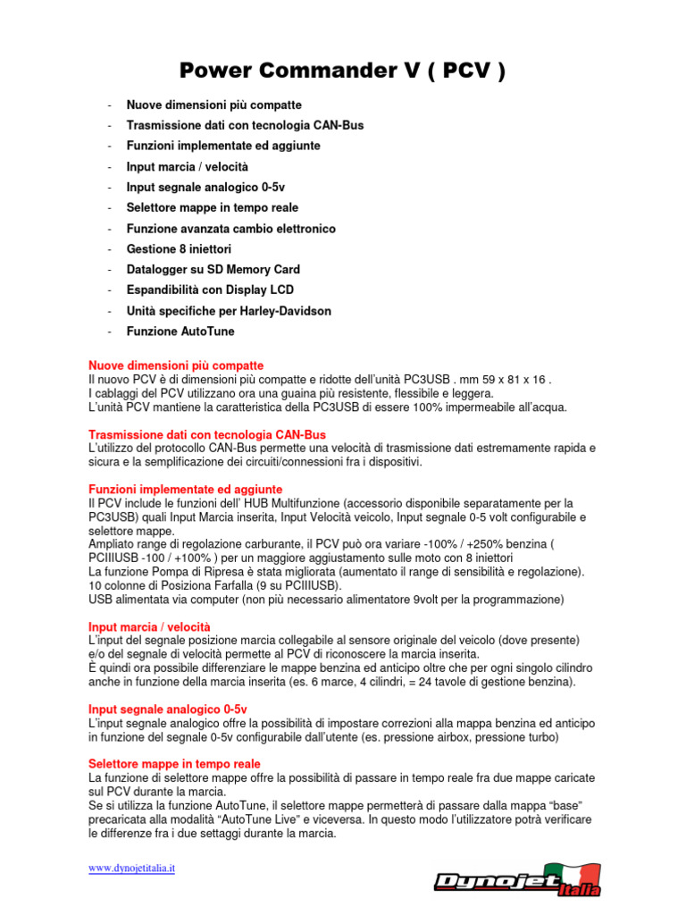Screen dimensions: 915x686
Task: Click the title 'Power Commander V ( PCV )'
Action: click(x=343, y=71)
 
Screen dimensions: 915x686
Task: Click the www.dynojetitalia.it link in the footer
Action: click(x=131, y=868)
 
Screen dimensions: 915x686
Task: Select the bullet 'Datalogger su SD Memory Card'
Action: click(x=213, y=269)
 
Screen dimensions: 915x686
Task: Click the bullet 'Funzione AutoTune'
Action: click(x=180, y=332)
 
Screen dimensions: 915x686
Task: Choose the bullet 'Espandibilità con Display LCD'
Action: click(x=210, y=290)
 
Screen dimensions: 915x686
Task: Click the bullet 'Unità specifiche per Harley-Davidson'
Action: click(x=229, y=311)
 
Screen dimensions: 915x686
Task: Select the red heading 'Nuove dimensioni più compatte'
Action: click(x=176, y=365)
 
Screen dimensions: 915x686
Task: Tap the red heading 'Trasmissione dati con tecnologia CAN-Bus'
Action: click(x=207, y=434)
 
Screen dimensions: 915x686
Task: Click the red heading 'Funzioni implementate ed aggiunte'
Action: click(x=186, y=490)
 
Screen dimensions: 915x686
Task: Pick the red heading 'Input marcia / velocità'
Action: click(x=150, y=627)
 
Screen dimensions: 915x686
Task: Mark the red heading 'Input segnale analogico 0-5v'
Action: click(x=168, y=709)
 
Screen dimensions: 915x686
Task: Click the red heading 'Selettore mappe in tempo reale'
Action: click(x=174, y=764)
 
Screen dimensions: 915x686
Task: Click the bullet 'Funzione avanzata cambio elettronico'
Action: click(x=231, y=229)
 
